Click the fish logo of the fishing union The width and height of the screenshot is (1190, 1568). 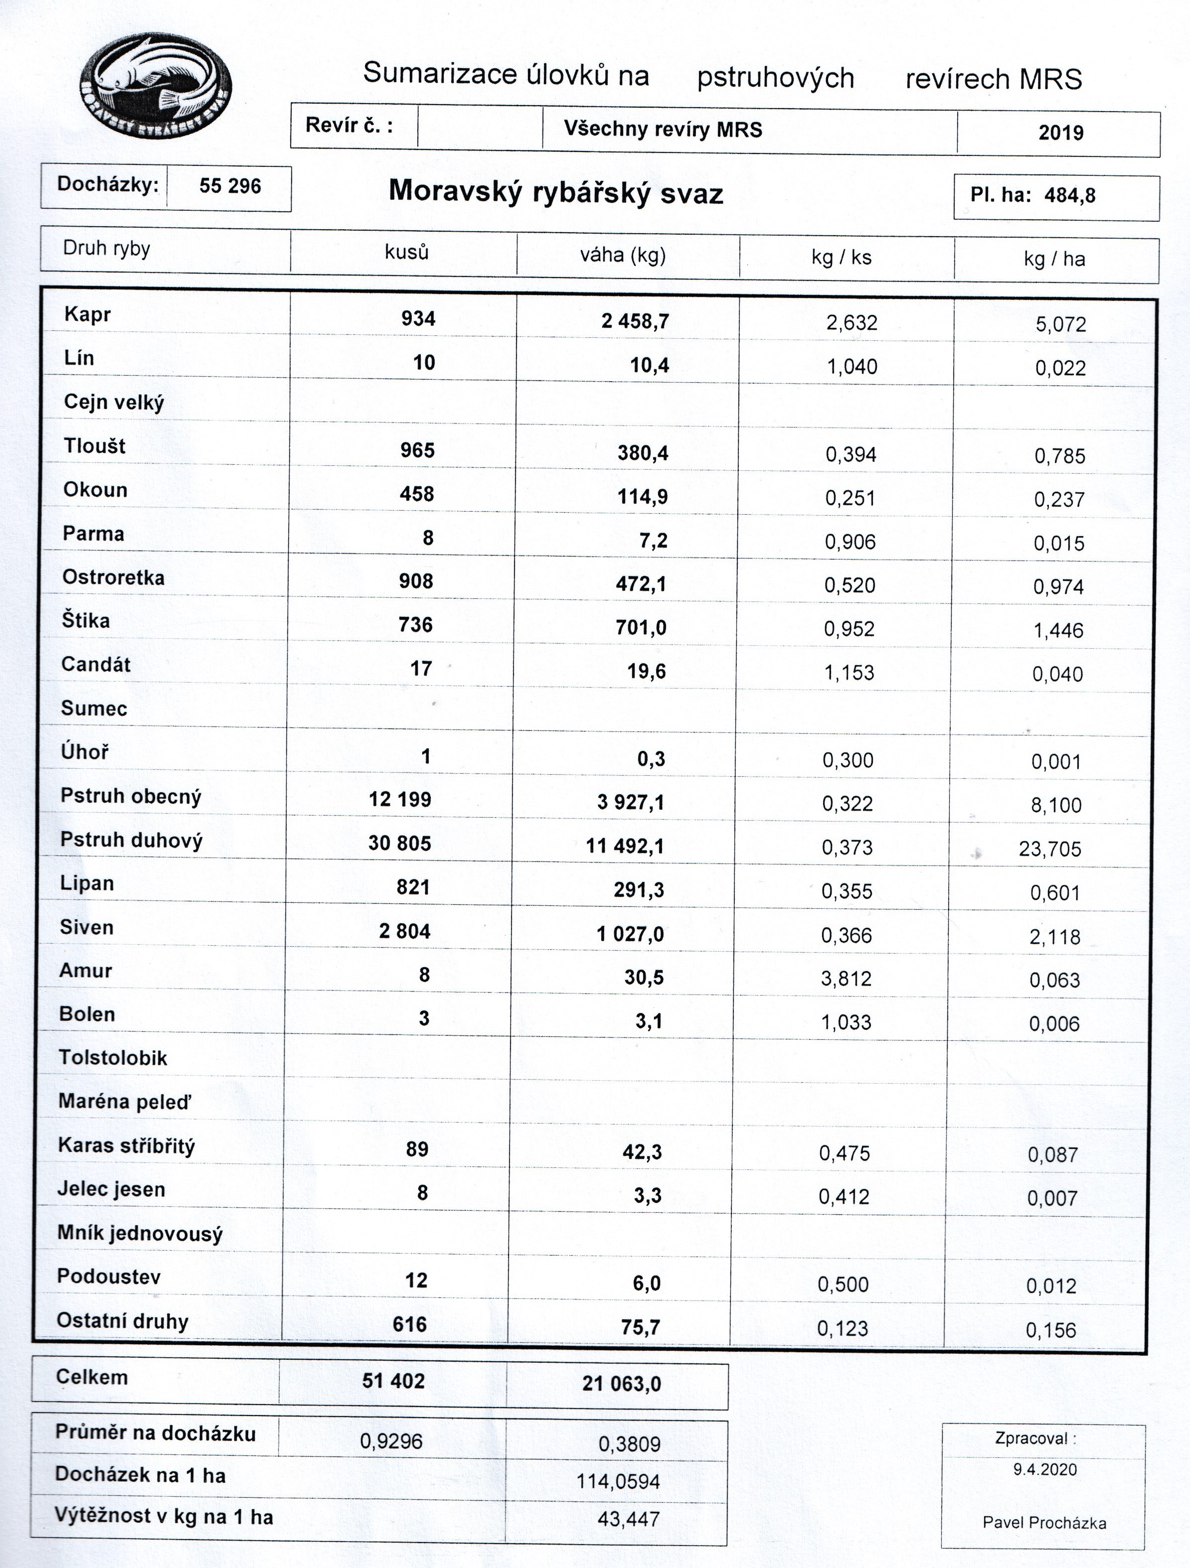[x=156, y=85]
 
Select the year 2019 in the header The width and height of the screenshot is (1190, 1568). [x=1060, y=133]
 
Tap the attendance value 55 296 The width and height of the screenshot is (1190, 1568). [x=230, y=186]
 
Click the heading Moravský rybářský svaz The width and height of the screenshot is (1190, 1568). [x=555, y=192]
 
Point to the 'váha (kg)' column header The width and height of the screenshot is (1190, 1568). [x=623, y=255]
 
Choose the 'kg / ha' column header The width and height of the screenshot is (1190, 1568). [x=1054, y=259]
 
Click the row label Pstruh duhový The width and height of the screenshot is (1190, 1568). [x=131, y=840]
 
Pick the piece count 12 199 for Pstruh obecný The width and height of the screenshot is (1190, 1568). [x=399, y=800]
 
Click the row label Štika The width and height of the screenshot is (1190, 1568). [x=86, y=621]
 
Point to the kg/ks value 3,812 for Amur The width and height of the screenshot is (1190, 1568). [x=846, y=979]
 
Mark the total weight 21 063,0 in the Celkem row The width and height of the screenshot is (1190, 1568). [x=621, y=1384]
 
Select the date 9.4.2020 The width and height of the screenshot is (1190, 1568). [x=1044, y=1469]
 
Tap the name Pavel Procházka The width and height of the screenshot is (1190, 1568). [x=1044, y=1523]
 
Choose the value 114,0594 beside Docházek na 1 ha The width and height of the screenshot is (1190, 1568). [x=618, y=1481]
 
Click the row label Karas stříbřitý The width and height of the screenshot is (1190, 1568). [x=126, y=1145]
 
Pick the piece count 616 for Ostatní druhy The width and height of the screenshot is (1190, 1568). [x=409, y=1324]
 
